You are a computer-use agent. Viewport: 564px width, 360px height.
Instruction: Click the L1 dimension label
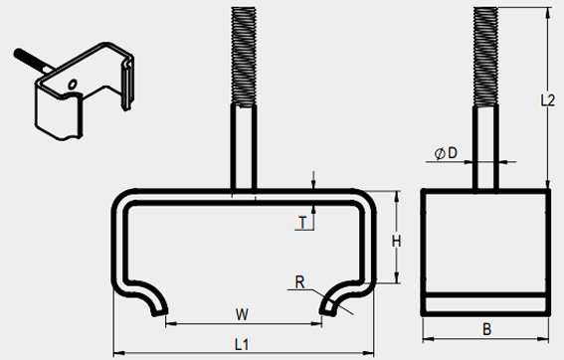pyautogui.click(x=242, y=345)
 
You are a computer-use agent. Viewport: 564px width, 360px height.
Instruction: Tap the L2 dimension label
pyautogui.click(x=548, y=100)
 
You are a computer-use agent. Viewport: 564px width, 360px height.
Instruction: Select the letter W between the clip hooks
pyautogui.click(x=242, y=314)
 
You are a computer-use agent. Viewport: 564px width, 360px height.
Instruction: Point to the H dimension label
pyautogui.click(x=396, y=242)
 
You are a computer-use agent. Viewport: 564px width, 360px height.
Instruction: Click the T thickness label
pyautogui.click(x=302, y=223)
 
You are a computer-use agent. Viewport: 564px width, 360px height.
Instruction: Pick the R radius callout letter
pyautogui.click(x=300, y=282)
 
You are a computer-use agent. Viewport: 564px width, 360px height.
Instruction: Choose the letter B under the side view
pyautogui.click(x=486, y=329)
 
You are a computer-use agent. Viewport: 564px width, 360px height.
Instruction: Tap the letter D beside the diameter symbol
pyautogui.click(x=453, y=153)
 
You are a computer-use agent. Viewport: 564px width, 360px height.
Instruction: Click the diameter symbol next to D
pyautogui.click(x=440, y=154)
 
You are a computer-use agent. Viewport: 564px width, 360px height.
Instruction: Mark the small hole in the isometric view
pyautogui.click(x=73, y=85)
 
